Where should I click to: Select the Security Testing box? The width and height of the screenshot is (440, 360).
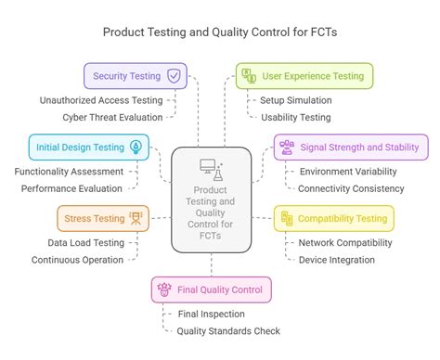click(x=136, y=76)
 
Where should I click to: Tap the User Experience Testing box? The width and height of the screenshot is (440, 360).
click(x=304, y=76)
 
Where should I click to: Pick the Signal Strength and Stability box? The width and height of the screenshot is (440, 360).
click(x=350, y=147)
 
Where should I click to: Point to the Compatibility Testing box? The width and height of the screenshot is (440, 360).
click(x=333, y=219)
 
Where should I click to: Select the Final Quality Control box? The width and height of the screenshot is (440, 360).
click(x=212, y=289)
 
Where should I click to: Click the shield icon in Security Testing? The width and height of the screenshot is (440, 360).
click(x=173, y=76)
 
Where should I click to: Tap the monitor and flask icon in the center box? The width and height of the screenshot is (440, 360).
click(x=211, y=169)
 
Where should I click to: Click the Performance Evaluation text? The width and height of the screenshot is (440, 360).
click(x=72, y=188)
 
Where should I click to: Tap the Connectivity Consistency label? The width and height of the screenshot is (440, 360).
click(x=351, y=188)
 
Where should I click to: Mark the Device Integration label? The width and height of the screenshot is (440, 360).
click(x=336, y=260)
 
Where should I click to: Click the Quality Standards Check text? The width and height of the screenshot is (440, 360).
click(x=227, y=331)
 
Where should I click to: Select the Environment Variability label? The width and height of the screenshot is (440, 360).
click(x=348, y=171)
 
